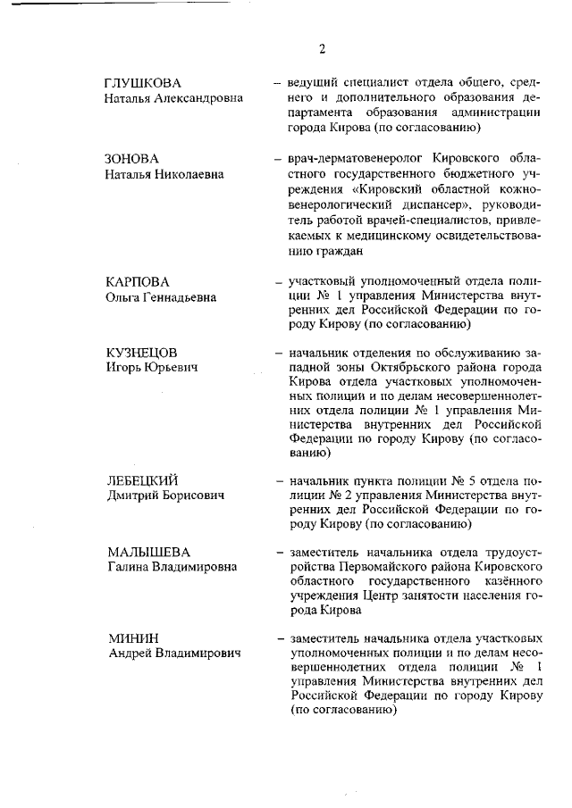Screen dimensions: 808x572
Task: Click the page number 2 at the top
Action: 322,48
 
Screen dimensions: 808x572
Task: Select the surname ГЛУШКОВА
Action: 143,83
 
